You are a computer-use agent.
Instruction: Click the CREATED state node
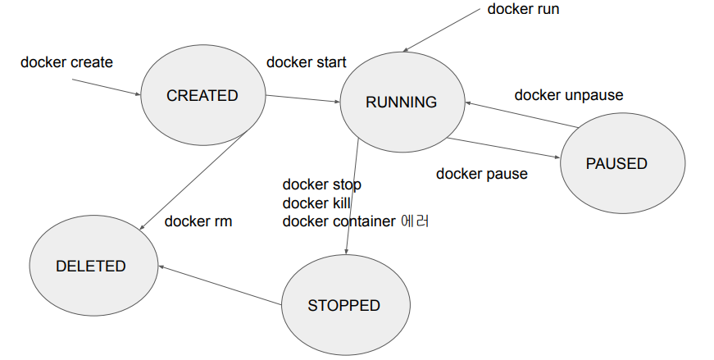(202, 96)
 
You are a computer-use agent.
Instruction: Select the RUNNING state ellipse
(401, 103)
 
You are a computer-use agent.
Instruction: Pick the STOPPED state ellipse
(343, 306)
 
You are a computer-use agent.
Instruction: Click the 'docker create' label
(66, 62)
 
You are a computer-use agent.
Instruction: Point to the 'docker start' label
(307, 62)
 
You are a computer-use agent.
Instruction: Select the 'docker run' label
(523, 10)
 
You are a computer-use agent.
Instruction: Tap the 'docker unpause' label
(568, 95)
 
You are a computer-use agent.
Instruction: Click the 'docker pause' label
(481, 174)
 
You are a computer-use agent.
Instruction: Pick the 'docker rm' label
(198, 221)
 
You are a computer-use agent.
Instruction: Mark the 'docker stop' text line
(321, 185)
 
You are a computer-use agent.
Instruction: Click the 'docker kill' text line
(316, 203)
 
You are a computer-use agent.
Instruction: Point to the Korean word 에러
(416, 221)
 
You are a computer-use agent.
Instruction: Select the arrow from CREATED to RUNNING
(302, 99)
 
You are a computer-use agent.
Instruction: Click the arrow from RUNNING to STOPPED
(352, 197)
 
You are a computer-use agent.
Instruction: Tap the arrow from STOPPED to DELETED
(220, 285)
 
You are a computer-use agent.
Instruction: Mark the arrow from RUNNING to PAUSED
(503, 148)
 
